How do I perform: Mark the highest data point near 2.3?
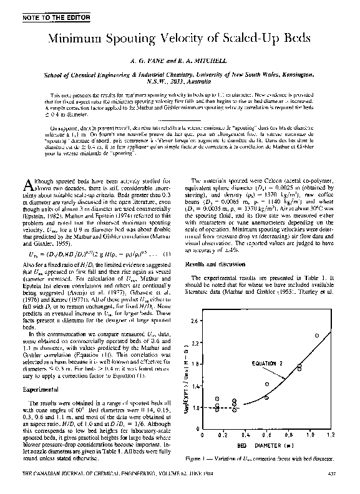[316, 336]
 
